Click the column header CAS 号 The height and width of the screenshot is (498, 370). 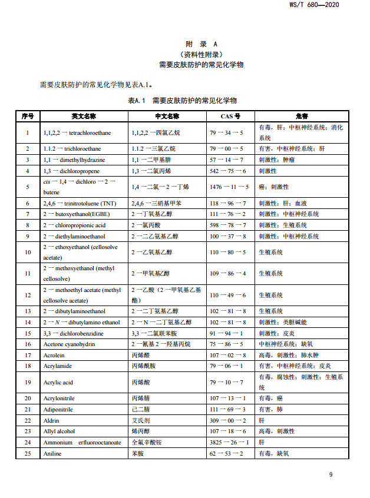(230, 116)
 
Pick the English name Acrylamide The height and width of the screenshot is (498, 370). (58, 366)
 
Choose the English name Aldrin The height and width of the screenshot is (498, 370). (51, 420)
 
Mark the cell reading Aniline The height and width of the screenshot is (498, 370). (52, 453)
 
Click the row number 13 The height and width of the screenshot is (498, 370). (28, 311)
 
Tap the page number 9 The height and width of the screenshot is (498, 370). (331, 475)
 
